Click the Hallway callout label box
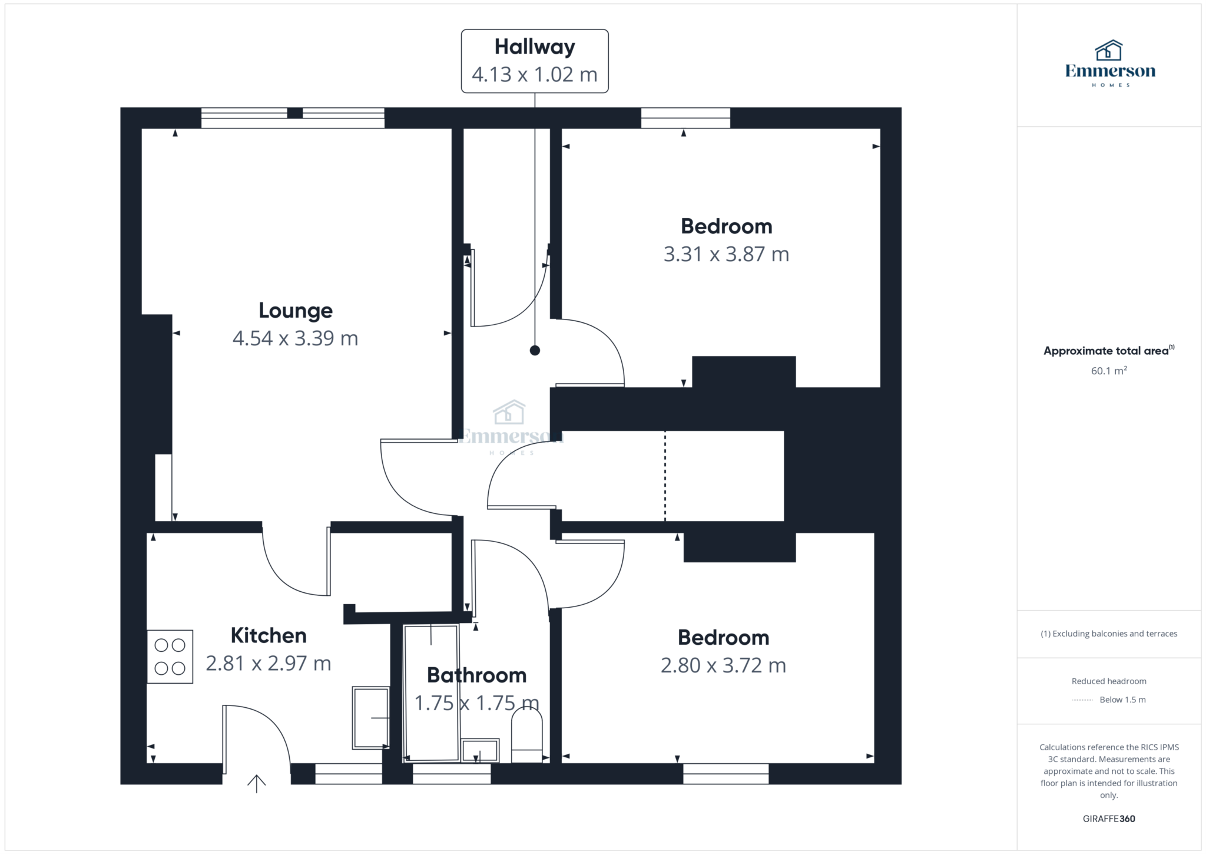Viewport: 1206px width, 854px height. click(534, 61)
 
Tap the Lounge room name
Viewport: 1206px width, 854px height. click(296, 311)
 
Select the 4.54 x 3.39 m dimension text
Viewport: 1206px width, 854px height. click(296, 338)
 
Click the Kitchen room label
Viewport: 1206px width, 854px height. click(269, 635)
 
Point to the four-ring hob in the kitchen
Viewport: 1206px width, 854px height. click(170, 657)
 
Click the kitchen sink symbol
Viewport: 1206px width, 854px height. click(370, 717)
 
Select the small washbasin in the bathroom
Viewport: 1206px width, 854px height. click(480, 751)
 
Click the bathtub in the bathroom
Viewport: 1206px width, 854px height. click(431, 693)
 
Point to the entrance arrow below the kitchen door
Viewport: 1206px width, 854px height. click(256, 783)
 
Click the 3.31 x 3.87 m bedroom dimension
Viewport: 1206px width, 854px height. click(726, 254)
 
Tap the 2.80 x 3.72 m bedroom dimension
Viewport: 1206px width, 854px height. click(723, 665)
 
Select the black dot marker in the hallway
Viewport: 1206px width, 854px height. click(535, 351)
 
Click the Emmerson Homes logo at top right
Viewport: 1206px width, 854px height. click(1110, 64)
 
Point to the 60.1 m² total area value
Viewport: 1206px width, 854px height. click(1109, 371)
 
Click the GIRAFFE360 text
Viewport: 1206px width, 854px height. click(1109, 819)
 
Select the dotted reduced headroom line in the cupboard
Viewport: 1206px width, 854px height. click(665, 476)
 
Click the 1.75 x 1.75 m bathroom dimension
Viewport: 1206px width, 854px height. click(476, 703)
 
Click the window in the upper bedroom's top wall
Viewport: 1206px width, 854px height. click(685, 118)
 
